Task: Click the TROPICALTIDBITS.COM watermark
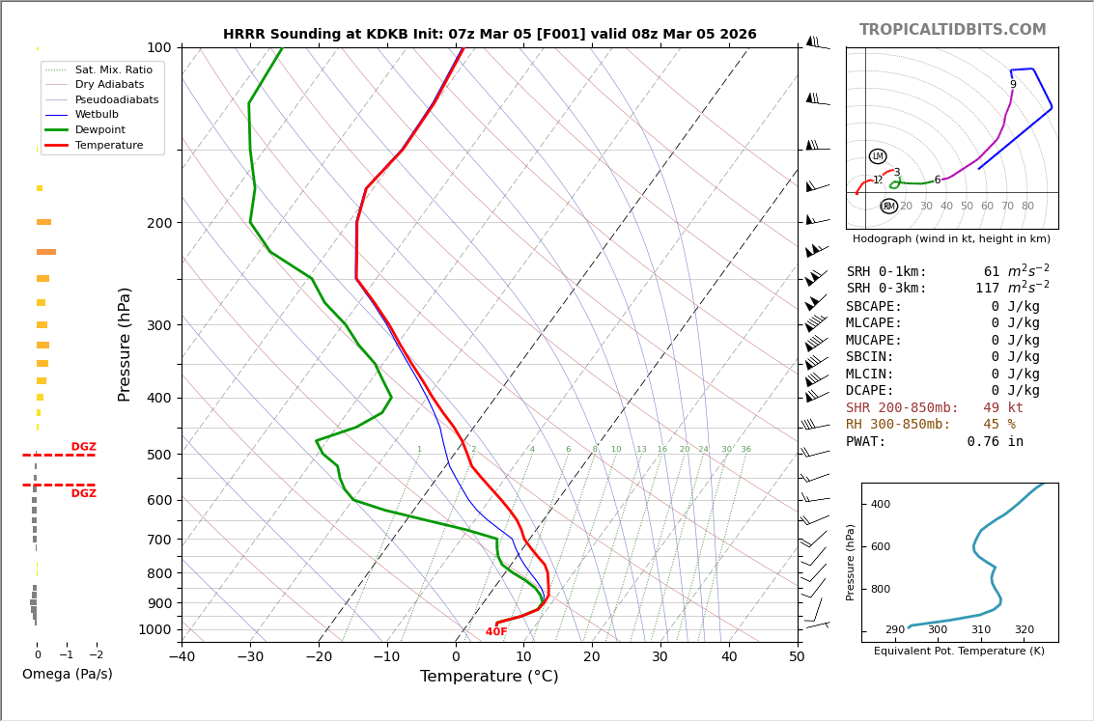[x=952, y=30]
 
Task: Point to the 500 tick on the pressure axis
[x=158, y=455]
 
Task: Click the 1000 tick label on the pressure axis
[x=155, y=629]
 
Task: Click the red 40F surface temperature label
[x=496, y=632]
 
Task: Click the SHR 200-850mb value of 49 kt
[x=1002, y=408]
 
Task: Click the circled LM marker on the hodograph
[x=877, y=156]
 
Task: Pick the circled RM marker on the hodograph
[x=888, y=206]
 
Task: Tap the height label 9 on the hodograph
[x=1013, y=85]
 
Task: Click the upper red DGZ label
[x=83, y=447]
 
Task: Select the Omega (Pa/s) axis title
[x=67, y=674]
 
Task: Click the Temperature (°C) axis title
[x=489, y=677]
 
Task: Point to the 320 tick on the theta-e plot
[x=1024, y=630]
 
